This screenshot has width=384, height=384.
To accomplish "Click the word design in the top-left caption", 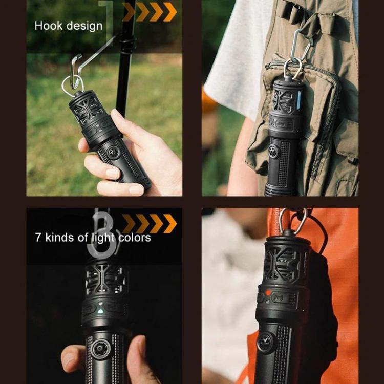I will [x=83, y=26].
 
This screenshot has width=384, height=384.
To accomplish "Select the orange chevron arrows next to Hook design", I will [x=149, y=12].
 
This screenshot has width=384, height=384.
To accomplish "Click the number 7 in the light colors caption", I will [x=38, y=238].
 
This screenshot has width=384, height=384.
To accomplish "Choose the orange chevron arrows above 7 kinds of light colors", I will [x=149, y=224].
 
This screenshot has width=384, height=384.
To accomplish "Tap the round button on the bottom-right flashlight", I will [x=265, y=342].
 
